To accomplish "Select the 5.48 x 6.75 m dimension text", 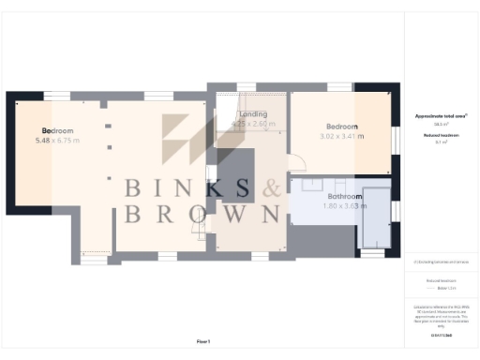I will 57,140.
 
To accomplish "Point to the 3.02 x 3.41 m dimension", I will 341,136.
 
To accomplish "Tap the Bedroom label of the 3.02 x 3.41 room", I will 341,127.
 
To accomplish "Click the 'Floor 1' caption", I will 203,340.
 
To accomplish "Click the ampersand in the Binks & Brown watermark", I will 272,188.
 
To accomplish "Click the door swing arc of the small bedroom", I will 297,162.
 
